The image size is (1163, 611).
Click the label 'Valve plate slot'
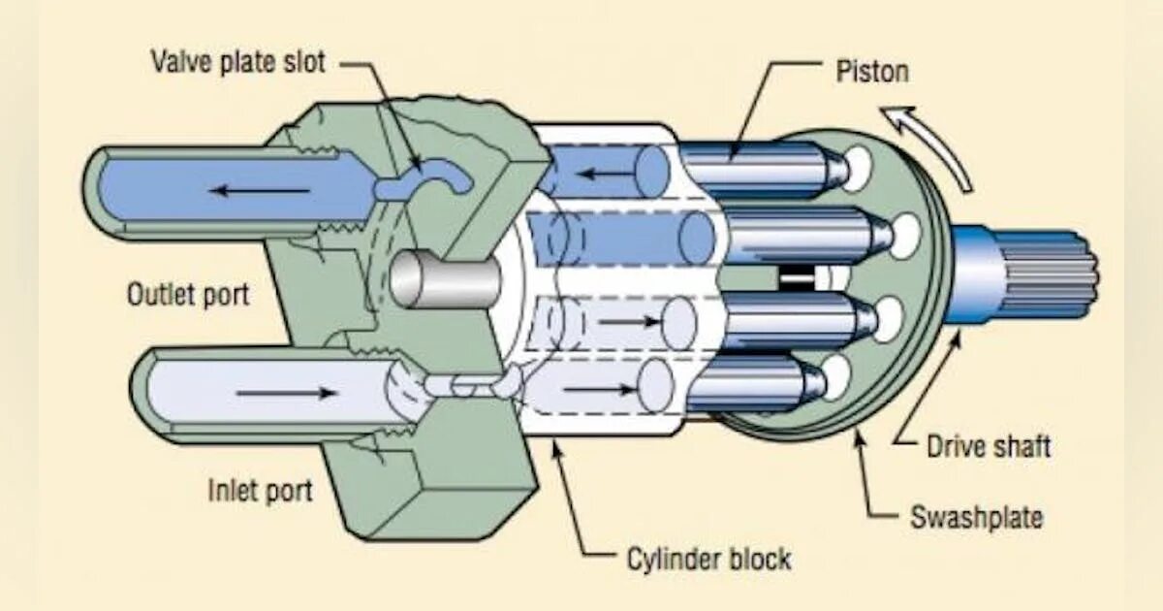coord(237,62)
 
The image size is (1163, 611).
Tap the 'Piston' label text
coord(872,71)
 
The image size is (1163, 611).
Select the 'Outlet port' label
coord(187,294)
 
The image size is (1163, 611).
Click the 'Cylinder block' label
coord(707,559)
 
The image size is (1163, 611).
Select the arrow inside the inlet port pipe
coord(286,393)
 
